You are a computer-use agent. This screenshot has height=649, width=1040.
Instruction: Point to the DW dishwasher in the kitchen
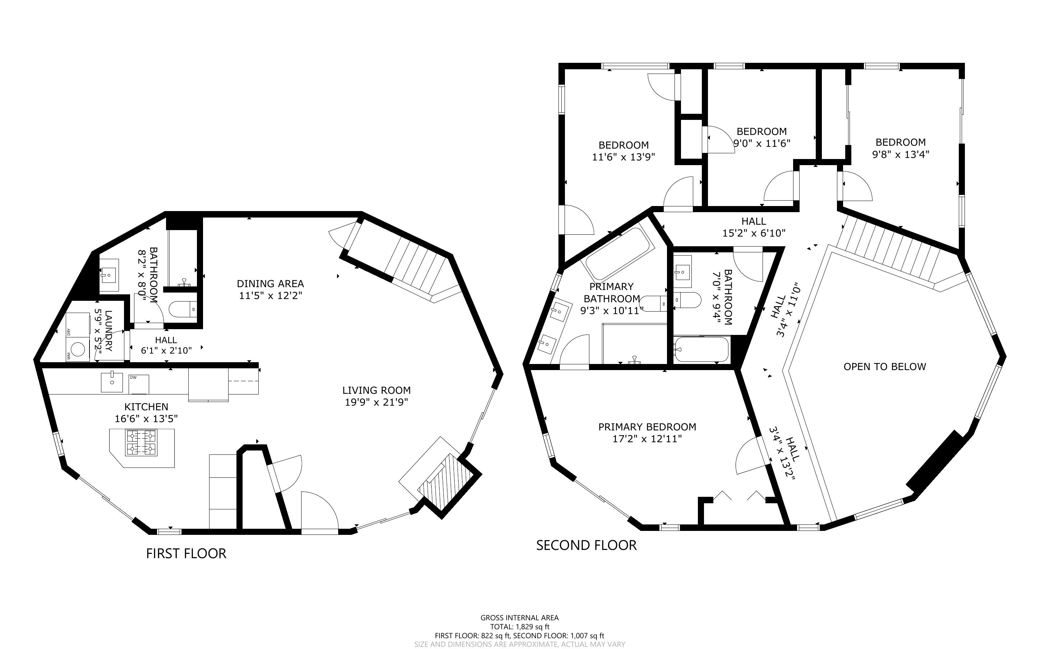pyautogui.click(x=139, y=384)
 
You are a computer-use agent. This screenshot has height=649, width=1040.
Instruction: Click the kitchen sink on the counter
pyautogui.click(x=112, y=382)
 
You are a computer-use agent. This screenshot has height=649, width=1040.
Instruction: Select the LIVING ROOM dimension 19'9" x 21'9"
pyautogui.click(x=376, y=402)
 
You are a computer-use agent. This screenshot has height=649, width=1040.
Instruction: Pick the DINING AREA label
pyautogui.click(x=270, y=284)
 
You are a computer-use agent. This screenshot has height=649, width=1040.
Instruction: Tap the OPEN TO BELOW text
pyautogui.click(x=884, y=366)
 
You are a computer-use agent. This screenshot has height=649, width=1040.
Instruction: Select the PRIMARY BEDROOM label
pyautogui.click(x=647, y=427)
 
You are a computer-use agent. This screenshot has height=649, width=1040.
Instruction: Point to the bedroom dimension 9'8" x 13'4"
pyautogui.click(x=901, y=154)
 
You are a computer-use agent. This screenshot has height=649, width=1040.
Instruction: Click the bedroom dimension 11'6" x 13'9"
pyautogui.click(x=623, y=157)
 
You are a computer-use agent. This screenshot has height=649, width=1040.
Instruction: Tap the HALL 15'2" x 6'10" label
pyautogui.click(x=754, y=227)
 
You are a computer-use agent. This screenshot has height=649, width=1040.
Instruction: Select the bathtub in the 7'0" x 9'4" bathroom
pyautogui.click(x=701, y=349)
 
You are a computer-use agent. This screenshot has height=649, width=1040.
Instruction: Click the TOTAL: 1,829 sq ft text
pyautogui.click(x=519, y=627)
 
